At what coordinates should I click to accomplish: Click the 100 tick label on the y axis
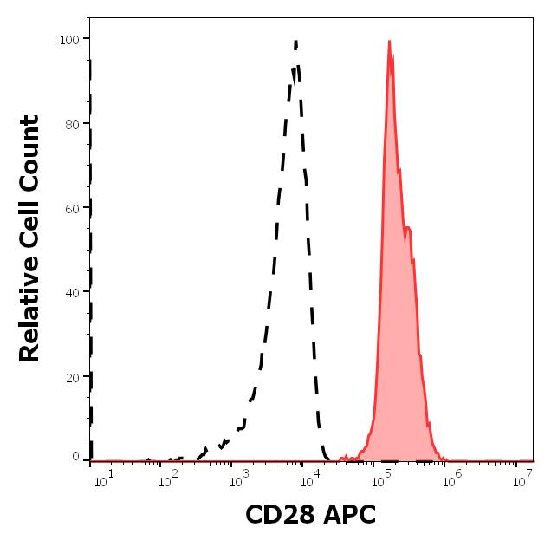coord(68,39)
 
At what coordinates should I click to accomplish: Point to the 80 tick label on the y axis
coord(72,124)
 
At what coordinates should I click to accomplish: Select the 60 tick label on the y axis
coord(72,209)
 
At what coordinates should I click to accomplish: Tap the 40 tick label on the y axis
coord(72,293)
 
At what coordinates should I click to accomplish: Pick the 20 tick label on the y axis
coord(72,378)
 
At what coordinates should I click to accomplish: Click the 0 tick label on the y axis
coord(75,456)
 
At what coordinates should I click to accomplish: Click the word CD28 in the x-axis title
coord(277,517)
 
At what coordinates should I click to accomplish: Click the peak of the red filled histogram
coord(390,42)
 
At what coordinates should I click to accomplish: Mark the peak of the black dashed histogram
coord(296,42)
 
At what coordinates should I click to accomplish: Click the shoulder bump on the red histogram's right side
coord(408,228)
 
